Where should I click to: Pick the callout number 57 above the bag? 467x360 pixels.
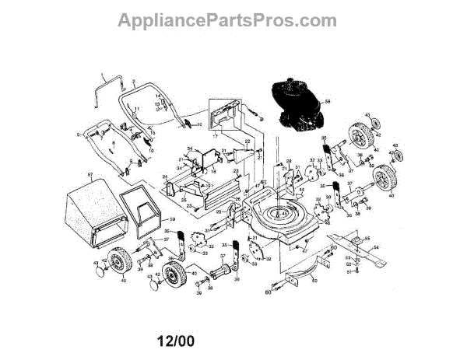pos(90,177)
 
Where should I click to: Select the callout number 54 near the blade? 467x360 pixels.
pos(377,248)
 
